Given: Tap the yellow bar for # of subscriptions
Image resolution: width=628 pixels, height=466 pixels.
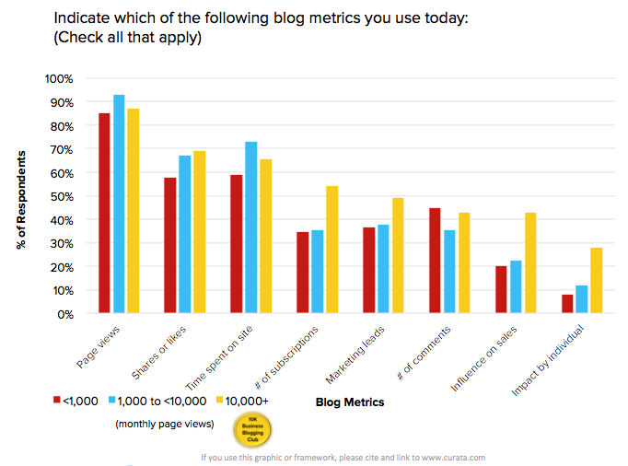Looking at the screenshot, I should (331, 250).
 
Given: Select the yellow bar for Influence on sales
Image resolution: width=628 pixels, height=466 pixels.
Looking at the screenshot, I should (529, 263).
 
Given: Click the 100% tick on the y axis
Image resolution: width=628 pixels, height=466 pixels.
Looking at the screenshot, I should (58, 78).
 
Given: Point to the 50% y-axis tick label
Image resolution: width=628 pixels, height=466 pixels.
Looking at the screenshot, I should (61, 196).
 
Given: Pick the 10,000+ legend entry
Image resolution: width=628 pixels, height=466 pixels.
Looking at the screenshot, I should (245, 401).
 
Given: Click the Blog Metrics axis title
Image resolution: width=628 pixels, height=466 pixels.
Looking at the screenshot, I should (349, 402).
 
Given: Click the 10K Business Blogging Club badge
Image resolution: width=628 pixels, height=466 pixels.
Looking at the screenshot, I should (252, 429).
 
